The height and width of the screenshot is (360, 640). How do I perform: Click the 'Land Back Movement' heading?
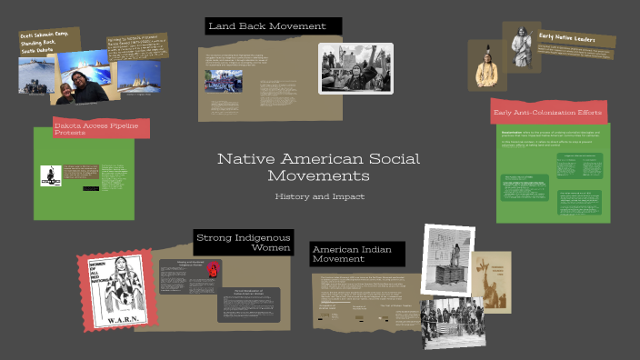[x=267, y=26]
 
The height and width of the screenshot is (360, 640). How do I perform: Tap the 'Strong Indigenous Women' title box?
[x=244, y=243]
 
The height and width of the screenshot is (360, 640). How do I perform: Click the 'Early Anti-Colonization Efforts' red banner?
[x=547, y=113]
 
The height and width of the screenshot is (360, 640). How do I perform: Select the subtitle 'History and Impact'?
[x=319, y=196]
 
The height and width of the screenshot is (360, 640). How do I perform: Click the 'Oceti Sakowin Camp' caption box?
[x=47, y=42]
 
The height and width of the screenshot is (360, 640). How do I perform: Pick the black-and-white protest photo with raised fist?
[x=355, y=68]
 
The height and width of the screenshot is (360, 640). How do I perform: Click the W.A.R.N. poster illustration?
[x=115, y=289]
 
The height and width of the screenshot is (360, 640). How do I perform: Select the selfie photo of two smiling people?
[x=84, y=79]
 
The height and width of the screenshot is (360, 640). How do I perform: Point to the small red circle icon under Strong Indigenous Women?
[x=213, y=268]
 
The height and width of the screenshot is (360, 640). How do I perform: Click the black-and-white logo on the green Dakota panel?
[x=51, y=175]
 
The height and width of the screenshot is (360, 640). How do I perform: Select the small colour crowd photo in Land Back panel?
[x=224, y=81]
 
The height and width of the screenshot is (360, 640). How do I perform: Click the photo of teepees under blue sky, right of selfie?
[x=139, y=75]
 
